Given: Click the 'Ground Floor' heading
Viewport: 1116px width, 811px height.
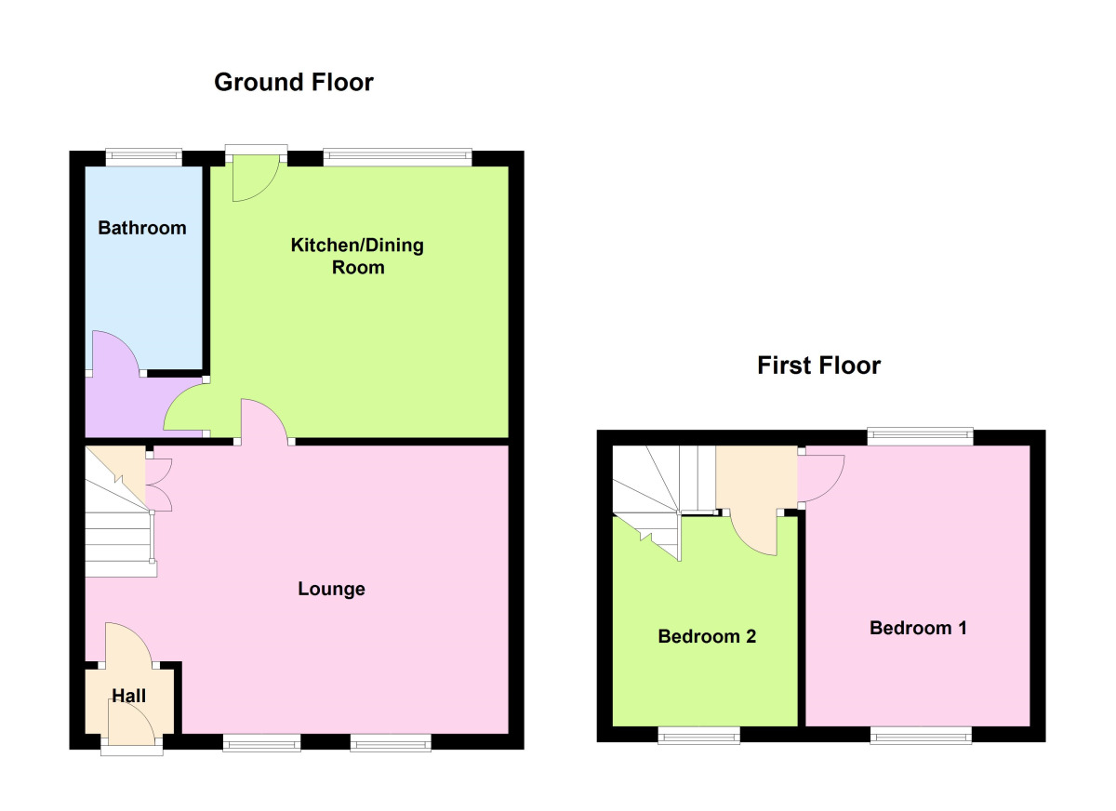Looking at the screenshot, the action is (294, 82).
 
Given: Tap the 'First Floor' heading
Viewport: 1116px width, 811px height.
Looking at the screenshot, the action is (818, 366).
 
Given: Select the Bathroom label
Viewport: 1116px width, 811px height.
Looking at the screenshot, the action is (142, 228).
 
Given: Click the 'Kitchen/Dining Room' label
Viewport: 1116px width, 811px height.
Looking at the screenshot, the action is (357, 256).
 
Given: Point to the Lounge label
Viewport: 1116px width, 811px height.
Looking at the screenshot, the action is (331, 589).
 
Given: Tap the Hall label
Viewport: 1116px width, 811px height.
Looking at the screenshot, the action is (129, 696).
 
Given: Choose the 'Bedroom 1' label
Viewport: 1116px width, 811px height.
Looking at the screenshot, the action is (918, 628).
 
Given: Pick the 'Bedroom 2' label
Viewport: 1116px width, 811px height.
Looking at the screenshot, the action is (707, 636).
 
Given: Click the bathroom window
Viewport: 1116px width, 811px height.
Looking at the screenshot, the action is (144, 157).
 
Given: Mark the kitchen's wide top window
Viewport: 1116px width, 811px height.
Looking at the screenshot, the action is (398, 157).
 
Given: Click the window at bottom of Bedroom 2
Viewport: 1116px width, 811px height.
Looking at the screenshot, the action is (699, 735).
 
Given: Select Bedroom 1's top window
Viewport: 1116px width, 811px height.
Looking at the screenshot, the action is (920, 436).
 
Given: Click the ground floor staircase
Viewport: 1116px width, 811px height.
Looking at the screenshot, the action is (120, 512).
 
